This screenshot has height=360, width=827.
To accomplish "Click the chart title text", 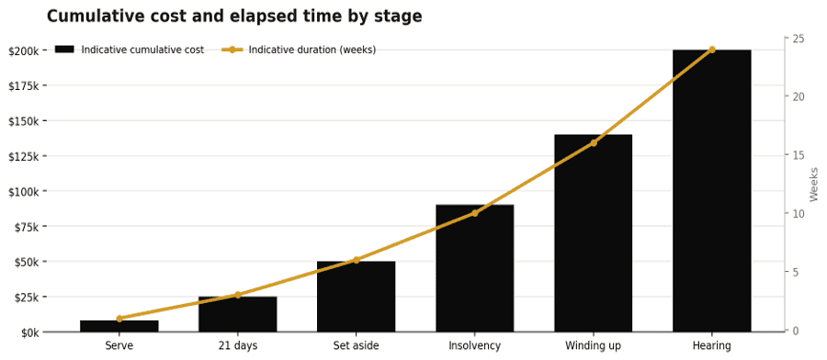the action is pyautogui.click(x=234, y=17).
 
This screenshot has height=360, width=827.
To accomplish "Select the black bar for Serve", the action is pyautogui.click(x=119, y=326).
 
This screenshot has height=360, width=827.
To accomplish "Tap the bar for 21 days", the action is pyautogui.click(x=237, y=314).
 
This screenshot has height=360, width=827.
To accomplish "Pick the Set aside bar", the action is pyautogui.click(x=356, y=297).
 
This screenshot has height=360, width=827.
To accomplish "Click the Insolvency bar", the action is pyautogui.click(x=475, y=268).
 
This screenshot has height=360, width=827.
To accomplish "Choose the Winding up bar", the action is pyautogui.click(x=593, y=233).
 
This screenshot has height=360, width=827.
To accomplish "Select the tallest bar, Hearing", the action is pyautogui.click(x=711, y=191).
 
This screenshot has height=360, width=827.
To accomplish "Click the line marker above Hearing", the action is pyautogui.click(x=711, y=50).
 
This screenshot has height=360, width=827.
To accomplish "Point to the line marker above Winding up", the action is pyautogui.click(x=593, y=143).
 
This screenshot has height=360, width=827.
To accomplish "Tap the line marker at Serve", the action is pyautogui.click(x=119, y=319).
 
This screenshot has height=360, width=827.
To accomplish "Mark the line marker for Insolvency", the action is pyautogui.click(x=475, y=213).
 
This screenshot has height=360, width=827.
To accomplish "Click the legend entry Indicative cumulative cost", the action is pyautogui.click(x=130, y=50).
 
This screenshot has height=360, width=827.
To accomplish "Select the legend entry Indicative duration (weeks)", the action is pyautogui.click(x=299, y=50).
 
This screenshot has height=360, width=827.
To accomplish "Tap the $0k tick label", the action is pyautogui.click(x=30, y=332).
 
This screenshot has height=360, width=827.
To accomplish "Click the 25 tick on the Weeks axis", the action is pyautogui.click(x=796, y=39).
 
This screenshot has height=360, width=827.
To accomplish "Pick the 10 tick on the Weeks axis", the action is pyautogui.click(x=796, y=213).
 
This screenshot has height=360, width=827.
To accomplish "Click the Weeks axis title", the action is pyautogui.click(x=813, y=185).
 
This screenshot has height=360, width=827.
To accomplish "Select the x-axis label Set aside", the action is pyautogui.click(x=356, y=346).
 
